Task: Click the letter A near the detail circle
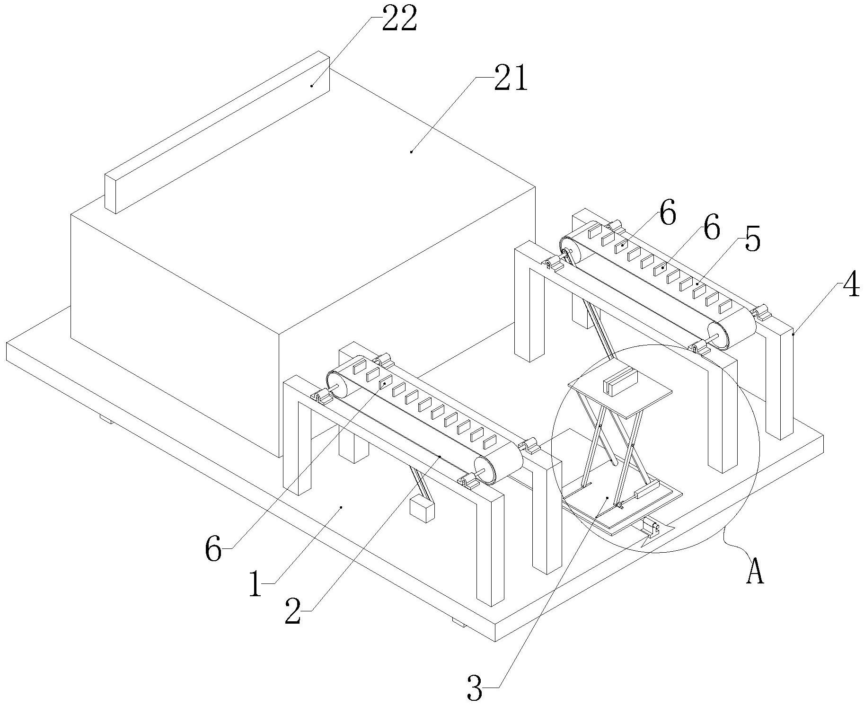[x=755, y=571]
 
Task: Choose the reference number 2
[x=293, y=610]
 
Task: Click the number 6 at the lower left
[x=213, y=550]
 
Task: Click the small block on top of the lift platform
[x=620, y=383]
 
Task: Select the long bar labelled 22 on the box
[x=217, y=132]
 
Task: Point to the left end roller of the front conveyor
[x=337, y=384]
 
